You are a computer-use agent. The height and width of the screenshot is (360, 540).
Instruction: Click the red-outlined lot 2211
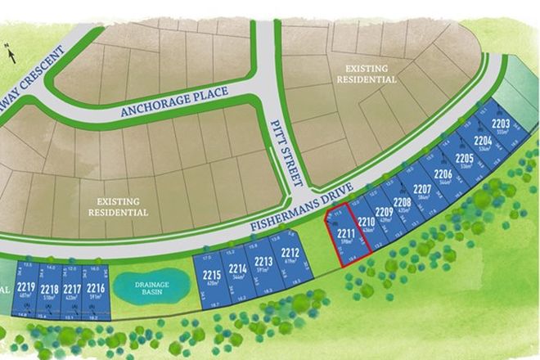click(x=344, y=236)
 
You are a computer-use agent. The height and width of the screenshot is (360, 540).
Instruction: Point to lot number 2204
click(x=484, y=144)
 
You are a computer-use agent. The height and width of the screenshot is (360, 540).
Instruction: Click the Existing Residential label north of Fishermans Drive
click(x=364, y=75)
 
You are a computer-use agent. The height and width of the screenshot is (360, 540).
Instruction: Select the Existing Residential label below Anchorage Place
click(x=119, y=206)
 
